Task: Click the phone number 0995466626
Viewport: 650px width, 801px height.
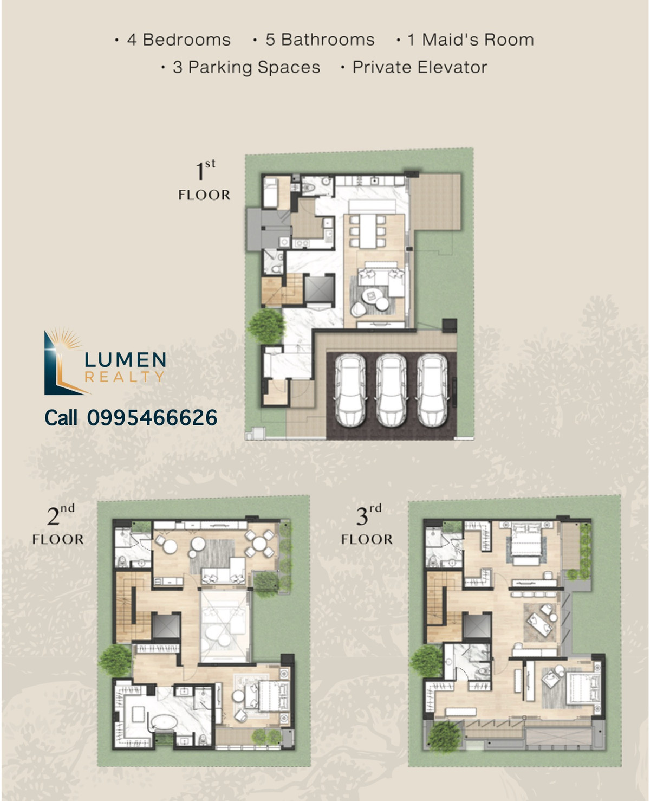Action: click(152, 418)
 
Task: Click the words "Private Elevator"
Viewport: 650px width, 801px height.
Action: click(420, 67)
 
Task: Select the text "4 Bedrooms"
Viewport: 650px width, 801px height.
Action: click(179, 40)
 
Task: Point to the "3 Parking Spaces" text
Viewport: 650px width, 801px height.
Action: click(246, 68)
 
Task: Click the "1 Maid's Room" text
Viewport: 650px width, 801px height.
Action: click(471, 40)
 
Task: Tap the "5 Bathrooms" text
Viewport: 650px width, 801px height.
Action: click(320, 40)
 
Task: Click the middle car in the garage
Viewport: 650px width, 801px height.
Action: click(391, 391)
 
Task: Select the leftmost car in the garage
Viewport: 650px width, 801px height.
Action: click(350, 391)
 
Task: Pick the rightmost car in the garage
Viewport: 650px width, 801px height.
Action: click(432, 391)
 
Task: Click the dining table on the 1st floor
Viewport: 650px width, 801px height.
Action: click(368, 230)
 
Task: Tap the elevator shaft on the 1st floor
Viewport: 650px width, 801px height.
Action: click(319, 289)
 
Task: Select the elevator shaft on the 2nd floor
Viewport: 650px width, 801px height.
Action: click(166, 626)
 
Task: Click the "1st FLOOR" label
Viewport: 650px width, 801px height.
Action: click(204, 180)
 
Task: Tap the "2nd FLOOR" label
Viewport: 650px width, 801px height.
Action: click(58, 525)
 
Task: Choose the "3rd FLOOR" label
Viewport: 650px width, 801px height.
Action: click(367, 525)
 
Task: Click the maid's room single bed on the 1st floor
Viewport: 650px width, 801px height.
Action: click(270, 193)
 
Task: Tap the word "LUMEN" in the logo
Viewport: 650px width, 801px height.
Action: click(126, 360)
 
